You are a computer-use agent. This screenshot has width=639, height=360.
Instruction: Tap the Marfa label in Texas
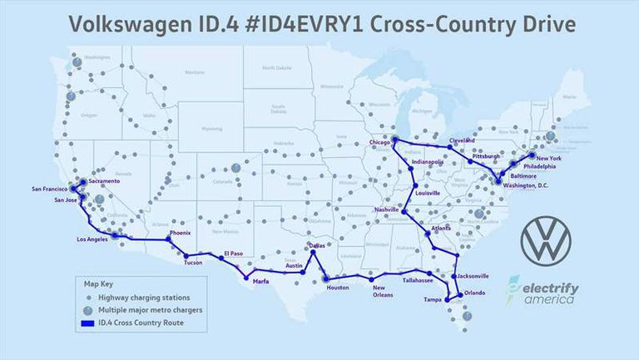tap(257, 282)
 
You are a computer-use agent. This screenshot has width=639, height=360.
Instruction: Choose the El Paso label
tap(233, 254)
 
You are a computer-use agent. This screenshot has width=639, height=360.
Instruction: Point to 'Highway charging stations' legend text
tap(144, 298)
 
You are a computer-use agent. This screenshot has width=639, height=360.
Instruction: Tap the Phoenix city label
tap(181, 234)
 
